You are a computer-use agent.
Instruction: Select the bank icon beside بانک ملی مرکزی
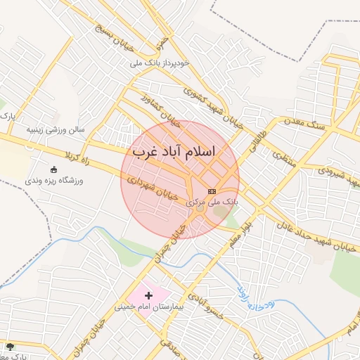[212, 191]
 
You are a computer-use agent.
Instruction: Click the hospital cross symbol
[148, 295]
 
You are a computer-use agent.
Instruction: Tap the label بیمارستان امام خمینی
[148, 307]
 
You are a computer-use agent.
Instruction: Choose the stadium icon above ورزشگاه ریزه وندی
[53, 169]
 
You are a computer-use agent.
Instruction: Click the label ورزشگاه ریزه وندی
[55, 181]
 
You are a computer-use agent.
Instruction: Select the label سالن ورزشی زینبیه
[56, 130]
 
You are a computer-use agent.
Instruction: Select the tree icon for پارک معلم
[9, 347]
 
